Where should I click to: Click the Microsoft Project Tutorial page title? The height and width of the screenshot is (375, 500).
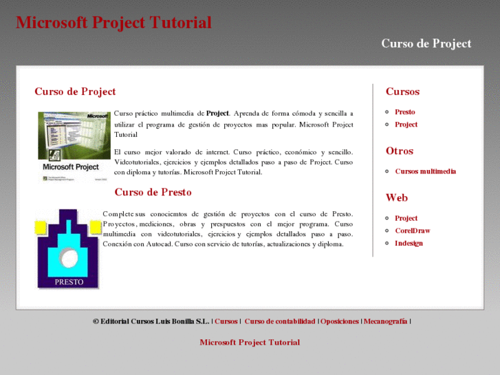click(113, 23)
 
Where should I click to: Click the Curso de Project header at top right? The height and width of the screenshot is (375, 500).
click(426, 43)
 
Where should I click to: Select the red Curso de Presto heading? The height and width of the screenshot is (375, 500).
click(153, 193)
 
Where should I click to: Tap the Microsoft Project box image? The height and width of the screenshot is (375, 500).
click(74, 146)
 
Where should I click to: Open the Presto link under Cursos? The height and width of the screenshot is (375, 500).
click(404, 111)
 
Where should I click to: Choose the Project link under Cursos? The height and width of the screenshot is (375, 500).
click(406, 125)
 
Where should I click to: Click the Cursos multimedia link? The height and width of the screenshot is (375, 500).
click(425, 171)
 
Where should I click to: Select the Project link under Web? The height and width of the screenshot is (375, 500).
click(406, 218)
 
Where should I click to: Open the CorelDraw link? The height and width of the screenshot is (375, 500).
click(412, 231)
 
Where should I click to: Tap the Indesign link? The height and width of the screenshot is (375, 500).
click(409, 243)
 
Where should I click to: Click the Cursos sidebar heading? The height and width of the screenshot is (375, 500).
click(402, 92)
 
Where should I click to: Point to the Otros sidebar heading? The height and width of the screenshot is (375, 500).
click(400, 151)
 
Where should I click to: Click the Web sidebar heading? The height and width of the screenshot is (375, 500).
click(396, 197)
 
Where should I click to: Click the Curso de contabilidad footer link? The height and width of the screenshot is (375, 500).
click(279, 321)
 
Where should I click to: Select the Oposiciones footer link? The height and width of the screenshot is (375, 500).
click(339, 321)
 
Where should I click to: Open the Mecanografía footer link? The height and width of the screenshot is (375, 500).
click(385, 321)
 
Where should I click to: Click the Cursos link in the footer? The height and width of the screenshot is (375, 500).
click(226, 321)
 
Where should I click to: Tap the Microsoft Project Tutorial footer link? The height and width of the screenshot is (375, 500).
click(250, 342)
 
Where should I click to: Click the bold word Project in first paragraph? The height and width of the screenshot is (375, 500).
click(217, 114)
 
